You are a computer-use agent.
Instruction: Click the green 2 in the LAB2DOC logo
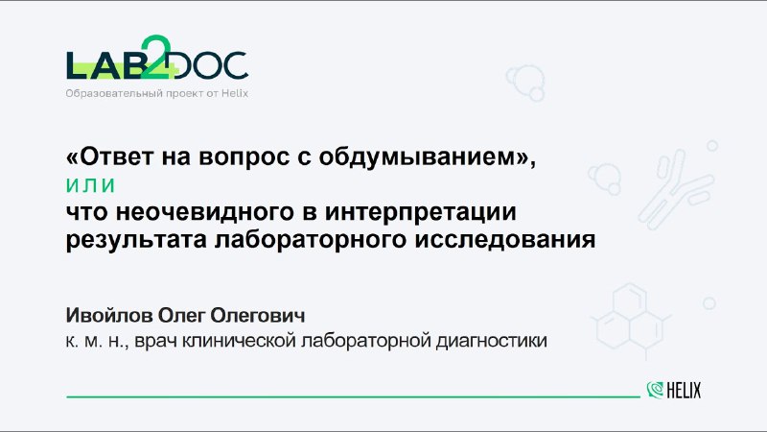click(155, 57)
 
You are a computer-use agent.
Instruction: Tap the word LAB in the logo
click(104, 65)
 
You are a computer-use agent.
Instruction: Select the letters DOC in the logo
click(210, 65)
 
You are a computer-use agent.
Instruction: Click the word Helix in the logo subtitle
click(235, 93)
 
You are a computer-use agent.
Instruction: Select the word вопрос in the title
click(244, 157)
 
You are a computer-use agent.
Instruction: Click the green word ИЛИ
click(91, 185)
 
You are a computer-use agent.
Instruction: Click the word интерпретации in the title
click(421, 212)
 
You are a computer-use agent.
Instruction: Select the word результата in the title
click(136, 240)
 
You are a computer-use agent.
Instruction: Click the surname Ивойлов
click(109, 316)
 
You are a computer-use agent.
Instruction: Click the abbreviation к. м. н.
click(98, 341)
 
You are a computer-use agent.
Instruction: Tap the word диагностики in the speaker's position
click(491, 341)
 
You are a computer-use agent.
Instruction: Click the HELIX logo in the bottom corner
click(674, 391)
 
